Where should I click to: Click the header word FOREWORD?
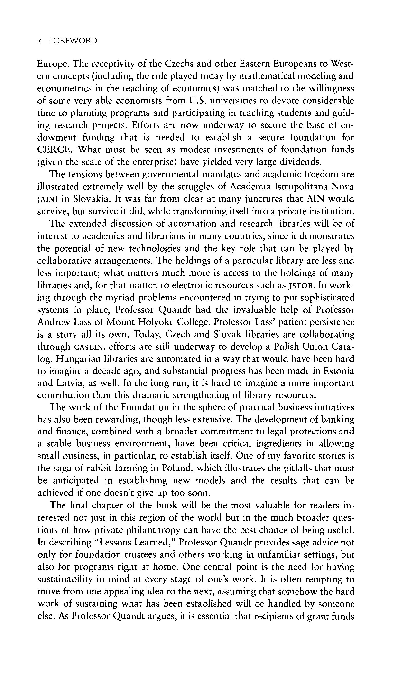point(73,41)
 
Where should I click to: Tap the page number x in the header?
point(39,41)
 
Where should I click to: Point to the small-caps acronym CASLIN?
point(88,347)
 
